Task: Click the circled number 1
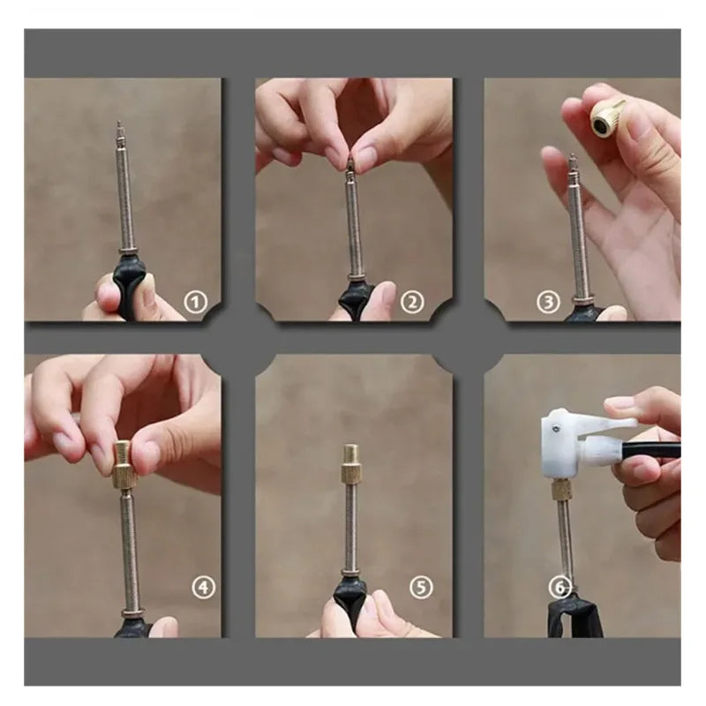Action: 194,304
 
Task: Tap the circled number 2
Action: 412,304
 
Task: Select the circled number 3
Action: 548,304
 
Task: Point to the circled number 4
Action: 204,587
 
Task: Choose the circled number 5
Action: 422,587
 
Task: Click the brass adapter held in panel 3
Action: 606,114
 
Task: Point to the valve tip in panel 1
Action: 120,132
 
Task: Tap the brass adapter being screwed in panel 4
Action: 126,460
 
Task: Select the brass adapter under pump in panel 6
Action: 560,491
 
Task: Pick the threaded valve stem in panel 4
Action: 130,538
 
